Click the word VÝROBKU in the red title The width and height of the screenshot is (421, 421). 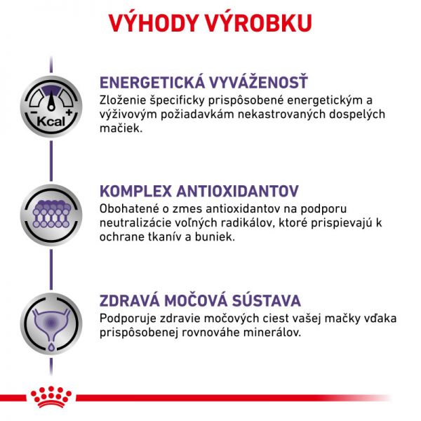[x=259, y=23]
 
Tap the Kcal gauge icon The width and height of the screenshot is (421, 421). [x=51, y=107]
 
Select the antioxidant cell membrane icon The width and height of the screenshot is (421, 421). [x=51, y=215]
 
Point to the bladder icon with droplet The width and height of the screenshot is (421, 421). [x=51, y=323]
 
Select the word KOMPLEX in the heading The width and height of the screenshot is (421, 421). [x=135, y=192]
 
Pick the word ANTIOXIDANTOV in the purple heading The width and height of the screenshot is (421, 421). [x=237, y=192]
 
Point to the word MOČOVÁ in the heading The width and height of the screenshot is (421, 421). [x=196, y=300]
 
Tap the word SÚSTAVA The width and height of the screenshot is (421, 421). [x=267, y=300]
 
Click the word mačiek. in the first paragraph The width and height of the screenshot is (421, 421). [x=121, y=128]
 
